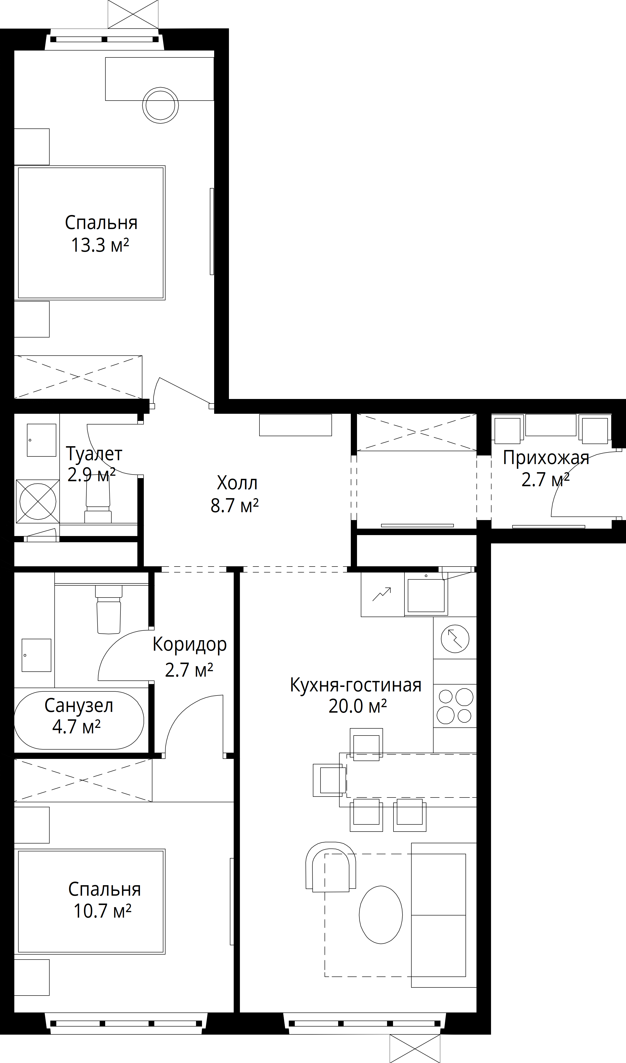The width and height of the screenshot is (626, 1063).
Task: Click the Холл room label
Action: (237, 483)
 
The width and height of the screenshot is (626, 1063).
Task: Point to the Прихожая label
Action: (546, 458)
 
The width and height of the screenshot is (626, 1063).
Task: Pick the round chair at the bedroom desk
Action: (160, 105)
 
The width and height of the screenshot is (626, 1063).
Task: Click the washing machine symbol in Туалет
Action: (38, 501)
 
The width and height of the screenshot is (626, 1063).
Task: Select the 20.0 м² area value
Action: (357, 706)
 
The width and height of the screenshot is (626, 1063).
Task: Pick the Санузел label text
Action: (79, 706)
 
